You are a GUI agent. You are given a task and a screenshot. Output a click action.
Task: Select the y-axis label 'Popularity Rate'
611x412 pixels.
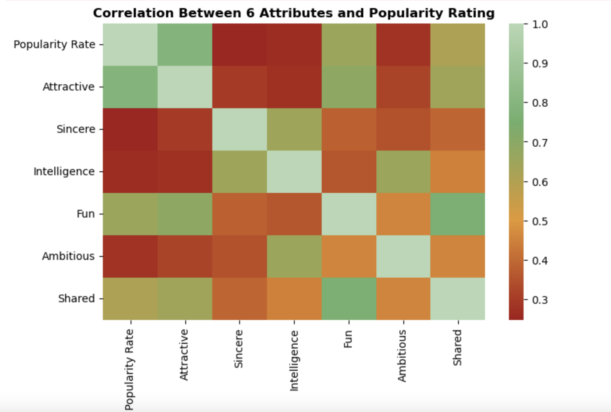pyautogui.click(x=54, y=45)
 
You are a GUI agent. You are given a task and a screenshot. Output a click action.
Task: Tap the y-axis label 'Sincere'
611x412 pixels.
pyautogui.click(x=76, y=129)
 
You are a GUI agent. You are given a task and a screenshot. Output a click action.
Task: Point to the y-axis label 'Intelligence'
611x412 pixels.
pyautogui.click(x=64, y=171)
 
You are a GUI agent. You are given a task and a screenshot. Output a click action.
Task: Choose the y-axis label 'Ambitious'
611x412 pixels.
pyautogui.click(x=68, y=256)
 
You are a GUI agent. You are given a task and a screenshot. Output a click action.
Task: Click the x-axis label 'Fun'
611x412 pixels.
pyautogui.click(x=348, y=339)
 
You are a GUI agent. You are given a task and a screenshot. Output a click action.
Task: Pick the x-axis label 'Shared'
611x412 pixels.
pyautogui.click(x=457, y=347)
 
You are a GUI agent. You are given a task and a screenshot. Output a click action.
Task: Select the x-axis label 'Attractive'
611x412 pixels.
pyautogui.click(x=184, y=355)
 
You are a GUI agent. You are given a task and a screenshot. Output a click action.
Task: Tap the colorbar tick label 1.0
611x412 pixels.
pyautogui.click(x=540, y=24)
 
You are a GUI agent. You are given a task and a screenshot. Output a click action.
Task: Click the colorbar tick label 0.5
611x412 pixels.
pyautogui.click(x=540, y=221)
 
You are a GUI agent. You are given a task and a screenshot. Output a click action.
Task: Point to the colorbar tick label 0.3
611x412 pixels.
pyautogui.click(x=540, y=300)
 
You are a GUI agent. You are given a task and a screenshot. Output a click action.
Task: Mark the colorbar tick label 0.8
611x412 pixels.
pyautogui.click(x=540, y=103)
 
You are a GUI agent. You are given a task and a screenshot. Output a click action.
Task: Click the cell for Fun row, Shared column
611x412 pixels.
pyautogui.click(x=458, y=214)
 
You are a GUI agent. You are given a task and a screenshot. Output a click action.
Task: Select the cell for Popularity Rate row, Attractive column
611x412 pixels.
pyautogui.click(x=185, y=45)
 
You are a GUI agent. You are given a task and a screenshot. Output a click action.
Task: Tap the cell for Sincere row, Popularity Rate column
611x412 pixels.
pyautogui.click(x=130, y=129)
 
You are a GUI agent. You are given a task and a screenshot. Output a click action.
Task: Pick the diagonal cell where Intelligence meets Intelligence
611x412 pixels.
pyautogui.click(x=294, y=172)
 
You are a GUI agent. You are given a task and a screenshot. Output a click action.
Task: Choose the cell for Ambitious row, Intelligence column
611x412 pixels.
pyautogui.click(x=294, y=256)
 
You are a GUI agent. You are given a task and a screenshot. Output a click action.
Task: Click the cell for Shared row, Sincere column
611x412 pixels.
pyautogui.click(x=239, y=299)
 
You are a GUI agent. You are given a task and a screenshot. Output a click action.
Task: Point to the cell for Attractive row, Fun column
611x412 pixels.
pyautogui.click(x=349, y=87)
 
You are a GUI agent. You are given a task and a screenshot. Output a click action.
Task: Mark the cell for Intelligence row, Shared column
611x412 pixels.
pyautogui.click(x=458, y=172)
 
